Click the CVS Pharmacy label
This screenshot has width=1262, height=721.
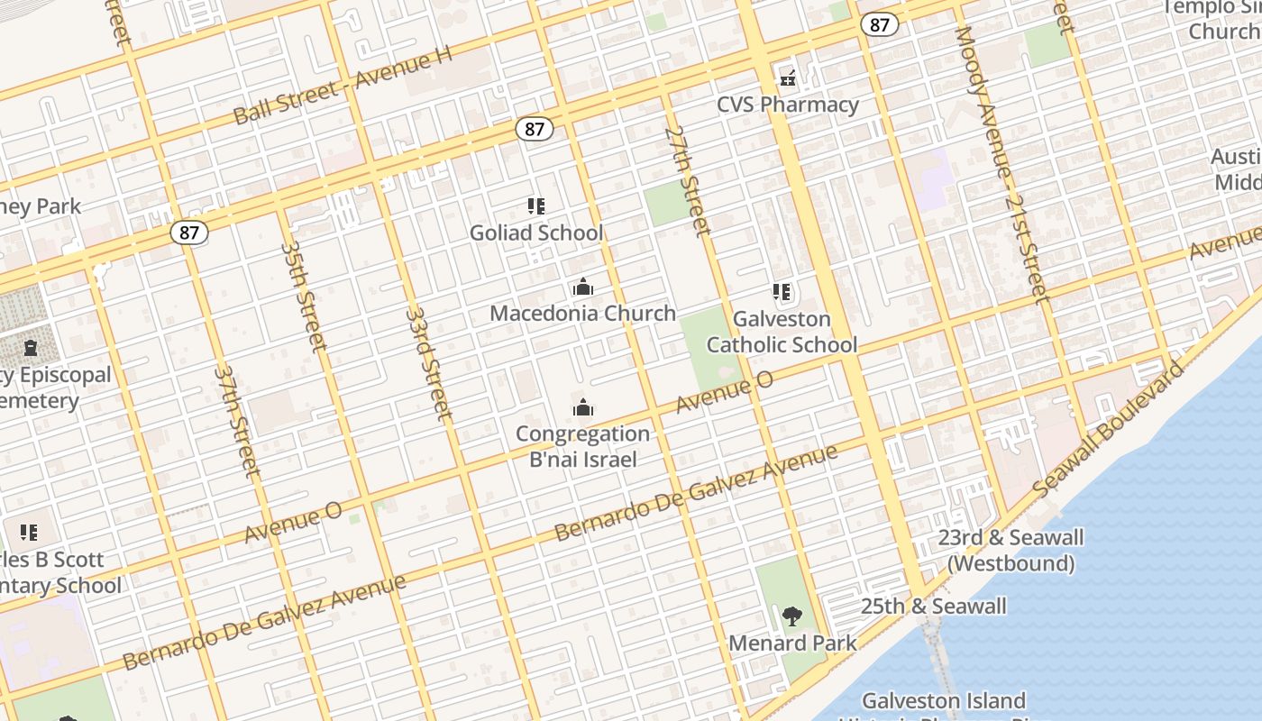click(788, 105)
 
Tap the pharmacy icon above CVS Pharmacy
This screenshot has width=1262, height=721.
click(788, 79)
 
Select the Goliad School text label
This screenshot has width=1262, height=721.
click(536, 233)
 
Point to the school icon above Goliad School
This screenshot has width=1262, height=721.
click(536, 206)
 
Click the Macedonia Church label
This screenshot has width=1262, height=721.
click(582, 313)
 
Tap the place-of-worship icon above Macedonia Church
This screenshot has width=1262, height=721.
click(582, 287)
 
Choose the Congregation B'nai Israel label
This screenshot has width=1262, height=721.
click(582, 446)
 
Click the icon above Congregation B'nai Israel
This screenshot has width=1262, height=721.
click(582, 408)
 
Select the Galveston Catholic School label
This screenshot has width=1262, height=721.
click(782, 332)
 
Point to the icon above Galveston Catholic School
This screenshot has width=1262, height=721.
click(782, 292)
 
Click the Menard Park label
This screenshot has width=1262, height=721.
click(792, 643)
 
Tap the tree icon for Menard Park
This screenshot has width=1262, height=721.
click(792, 617)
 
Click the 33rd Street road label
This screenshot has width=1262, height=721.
click(428, 363)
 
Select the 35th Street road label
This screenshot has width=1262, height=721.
click(303, 294)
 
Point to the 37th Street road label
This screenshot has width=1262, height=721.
click(237, 420)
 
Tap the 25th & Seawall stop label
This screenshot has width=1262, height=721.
click(933, 606)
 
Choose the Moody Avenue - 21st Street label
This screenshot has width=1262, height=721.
click(1001, 164)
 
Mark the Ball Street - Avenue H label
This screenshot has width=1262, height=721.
click(343, 86)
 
